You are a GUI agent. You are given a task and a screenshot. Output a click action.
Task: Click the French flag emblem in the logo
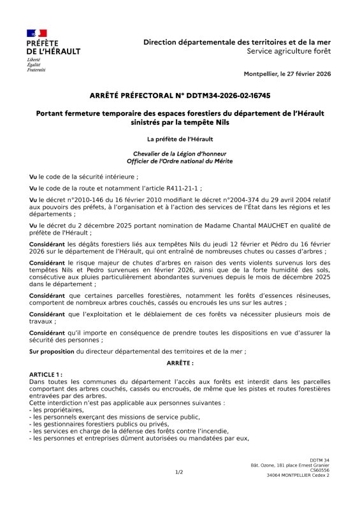click(36, 33)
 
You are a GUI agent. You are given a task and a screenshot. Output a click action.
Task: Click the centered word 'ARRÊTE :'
click(180, 362)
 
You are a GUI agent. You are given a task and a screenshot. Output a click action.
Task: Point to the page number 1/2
click(179, 472)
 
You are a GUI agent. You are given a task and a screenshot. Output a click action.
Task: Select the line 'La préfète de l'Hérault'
click(180, 138)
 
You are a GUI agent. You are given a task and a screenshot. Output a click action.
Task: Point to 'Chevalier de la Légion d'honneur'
click(180, 154)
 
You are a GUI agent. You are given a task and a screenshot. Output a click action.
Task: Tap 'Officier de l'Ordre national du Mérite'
click(180, 161)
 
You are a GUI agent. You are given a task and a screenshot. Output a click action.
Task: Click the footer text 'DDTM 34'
click(319, 460)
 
